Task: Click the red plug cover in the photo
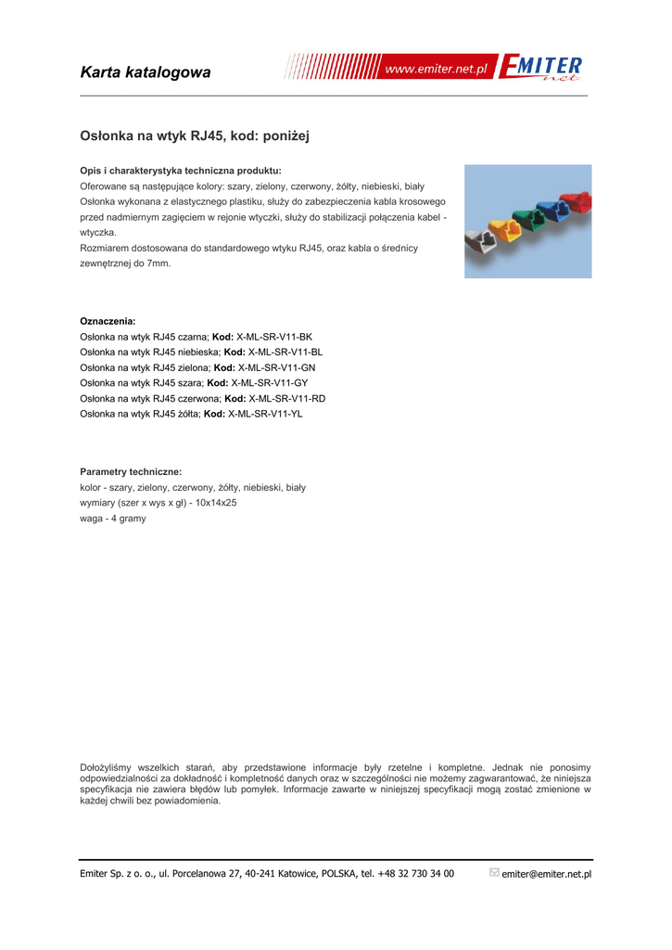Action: click(577, 201)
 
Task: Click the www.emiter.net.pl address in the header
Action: click(436, 70)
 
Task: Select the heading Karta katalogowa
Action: click(146, 72)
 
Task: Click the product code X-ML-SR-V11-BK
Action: click(274, 337)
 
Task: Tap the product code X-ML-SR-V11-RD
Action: click(287, 398)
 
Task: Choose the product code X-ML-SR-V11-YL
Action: click(265, 414)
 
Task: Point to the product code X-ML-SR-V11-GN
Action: click(276, 367)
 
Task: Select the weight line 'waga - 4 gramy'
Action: click(113, 519)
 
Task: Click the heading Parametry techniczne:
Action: click(131, 471)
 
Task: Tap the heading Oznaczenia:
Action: click(108, 321)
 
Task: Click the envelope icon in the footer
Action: click(494, 872)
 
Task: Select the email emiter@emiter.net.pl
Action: click(546, 874)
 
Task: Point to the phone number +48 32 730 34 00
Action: click(415, 874)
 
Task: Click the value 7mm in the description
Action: click(158, 263)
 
